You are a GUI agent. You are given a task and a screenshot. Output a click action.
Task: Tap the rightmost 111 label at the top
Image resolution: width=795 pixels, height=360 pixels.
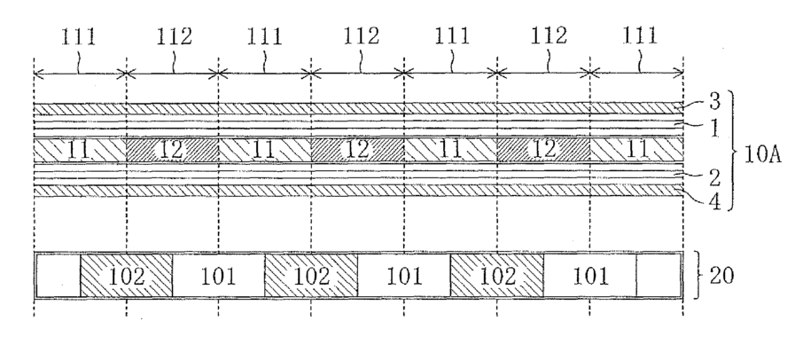639,38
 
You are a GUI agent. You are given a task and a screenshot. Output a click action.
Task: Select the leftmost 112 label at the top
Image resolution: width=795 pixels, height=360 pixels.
172,38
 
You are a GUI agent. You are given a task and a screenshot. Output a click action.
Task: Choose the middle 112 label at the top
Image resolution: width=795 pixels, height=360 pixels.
359,38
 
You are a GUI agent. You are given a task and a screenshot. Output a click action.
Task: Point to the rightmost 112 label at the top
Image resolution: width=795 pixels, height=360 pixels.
545,38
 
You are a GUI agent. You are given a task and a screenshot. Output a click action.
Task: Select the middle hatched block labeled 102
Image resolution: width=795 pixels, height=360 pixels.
311,276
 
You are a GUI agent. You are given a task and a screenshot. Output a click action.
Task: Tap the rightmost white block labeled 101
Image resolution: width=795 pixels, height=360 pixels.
589,276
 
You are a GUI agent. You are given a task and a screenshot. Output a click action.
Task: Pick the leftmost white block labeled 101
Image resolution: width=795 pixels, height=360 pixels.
218,276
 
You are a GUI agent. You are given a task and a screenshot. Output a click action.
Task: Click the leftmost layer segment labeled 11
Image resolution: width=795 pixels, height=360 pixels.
79,148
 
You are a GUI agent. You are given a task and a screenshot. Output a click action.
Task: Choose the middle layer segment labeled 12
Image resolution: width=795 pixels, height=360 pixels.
357,148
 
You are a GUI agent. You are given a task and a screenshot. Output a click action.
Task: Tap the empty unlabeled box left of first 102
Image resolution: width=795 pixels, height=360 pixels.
58,276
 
